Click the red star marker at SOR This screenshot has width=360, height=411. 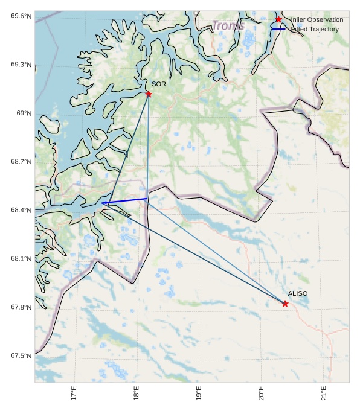[x=149, y=94]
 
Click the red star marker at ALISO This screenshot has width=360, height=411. [x=285, y=304]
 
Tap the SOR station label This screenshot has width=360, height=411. [x=159, y=84]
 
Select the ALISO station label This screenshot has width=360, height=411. [x=298, y=293]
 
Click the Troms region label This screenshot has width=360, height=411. [x=228, y=26]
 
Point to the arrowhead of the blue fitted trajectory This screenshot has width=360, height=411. [x=104, y=203]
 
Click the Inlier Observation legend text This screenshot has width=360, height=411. [x=317, y=19]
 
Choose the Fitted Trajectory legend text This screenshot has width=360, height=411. [x=315, y=29]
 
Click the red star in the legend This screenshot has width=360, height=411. [x=278, y=19]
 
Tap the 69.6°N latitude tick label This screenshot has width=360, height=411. [x=21, y=16]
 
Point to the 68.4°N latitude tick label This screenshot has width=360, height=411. [x=21, y=210]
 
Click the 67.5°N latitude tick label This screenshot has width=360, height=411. [x=21, y=356]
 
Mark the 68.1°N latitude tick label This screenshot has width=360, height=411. [x=21, y=259]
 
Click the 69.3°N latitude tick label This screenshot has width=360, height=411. [x=21, y=65]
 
